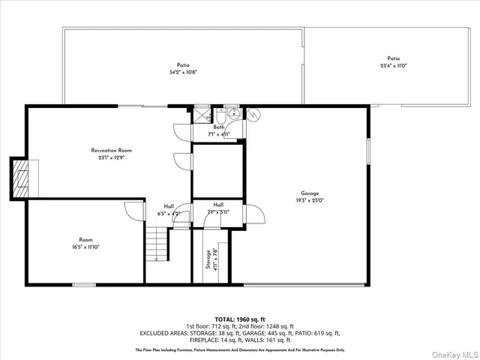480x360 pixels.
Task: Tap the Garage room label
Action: [310, 193]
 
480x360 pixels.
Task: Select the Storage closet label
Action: [208, 259]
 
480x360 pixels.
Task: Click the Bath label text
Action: [219, 127]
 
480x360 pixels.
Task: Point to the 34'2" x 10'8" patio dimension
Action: [183, 73]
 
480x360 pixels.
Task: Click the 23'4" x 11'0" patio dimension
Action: [393, 66]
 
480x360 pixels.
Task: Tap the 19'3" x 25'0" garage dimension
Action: [310, 200]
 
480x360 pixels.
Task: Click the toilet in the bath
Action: [222, 115]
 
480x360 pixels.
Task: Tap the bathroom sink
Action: [234, 115]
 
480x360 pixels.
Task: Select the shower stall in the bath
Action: [201, 115]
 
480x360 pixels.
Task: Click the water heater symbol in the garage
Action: [253, 115]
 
